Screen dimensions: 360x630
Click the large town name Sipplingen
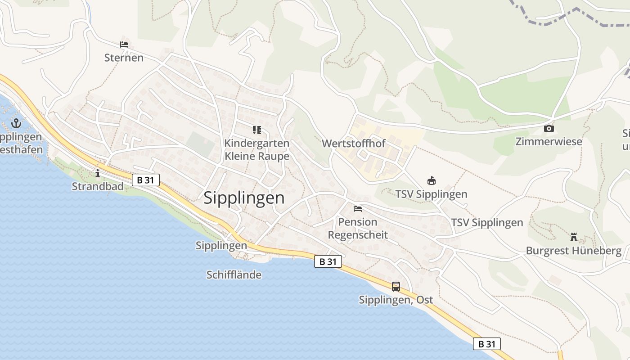[244, 198]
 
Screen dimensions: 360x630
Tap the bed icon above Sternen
[124, 45]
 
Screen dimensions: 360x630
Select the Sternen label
[124, 58]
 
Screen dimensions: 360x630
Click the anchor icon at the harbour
[17, 123]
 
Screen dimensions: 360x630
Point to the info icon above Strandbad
[98, 173]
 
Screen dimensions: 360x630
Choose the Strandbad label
[98, 186]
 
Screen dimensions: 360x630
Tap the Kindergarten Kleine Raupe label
[256, 149]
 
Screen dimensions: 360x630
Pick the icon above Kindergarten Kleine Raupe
[256, 130]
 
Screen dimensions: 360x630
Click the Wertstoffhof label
[354, 144]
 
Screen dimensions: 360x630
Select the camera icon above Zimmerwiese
[549, 129]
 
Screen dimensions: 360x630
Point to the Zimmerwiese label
[549, 142]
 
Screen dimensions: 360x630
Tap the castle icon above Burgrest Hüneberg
[573, 237]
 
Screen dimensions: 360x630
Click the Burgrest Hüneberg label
[573, 251]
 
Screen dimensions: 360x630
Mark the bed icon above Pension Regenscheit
[358, 209]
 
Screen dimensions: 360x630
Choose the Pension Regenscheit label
[358, 228]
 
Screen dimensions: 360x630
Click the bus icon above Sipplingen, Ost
[396, 286]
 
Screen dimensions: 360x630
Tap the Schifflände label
[234, 274]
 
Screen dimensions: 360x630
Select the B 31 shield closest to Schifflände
[328, 261]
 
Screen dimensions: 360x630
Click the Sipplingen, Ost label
[396, 300]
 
